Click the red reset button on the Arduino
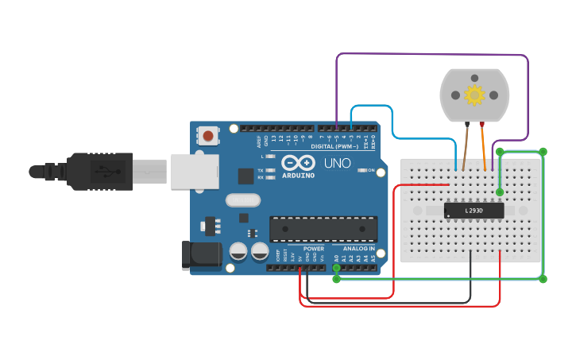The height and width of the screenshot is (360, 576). [208, 135]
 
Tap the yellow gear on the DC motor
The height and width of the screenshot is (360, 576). [474, 95]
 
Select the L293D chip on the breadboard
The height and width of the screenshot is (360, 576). [474, 211]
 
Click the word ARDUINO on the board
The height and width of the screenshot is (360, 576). [298, 175]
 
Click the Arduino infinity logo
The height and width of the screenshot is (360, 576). [298, 161]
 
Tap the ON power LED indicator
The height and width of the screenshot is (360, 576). [363, 170]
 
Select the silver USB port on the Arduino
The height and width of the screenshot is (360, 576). [195, 171]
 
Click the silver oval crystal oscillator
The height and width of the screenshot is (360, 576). [243, 200]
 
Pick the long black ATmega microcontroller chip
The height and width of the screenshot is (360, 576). [323, 228]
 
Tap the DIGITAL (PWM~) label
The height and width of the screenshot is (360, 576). [333, 146]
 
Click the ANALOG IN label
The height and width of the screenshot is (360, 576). [358, 249]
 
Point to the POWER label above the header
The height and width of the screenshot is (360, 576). [314, 249]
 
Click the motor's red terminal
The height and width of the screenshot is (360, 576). [481, 124]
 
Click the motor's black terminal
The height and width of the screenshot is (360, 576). [467, 124]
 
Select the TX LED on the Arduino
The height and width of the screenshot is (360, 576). [271, 171]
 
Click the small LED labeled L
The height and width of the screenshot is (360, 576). [271, 157]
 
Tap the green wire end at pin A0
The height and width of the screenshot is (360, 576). [336, 268]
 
